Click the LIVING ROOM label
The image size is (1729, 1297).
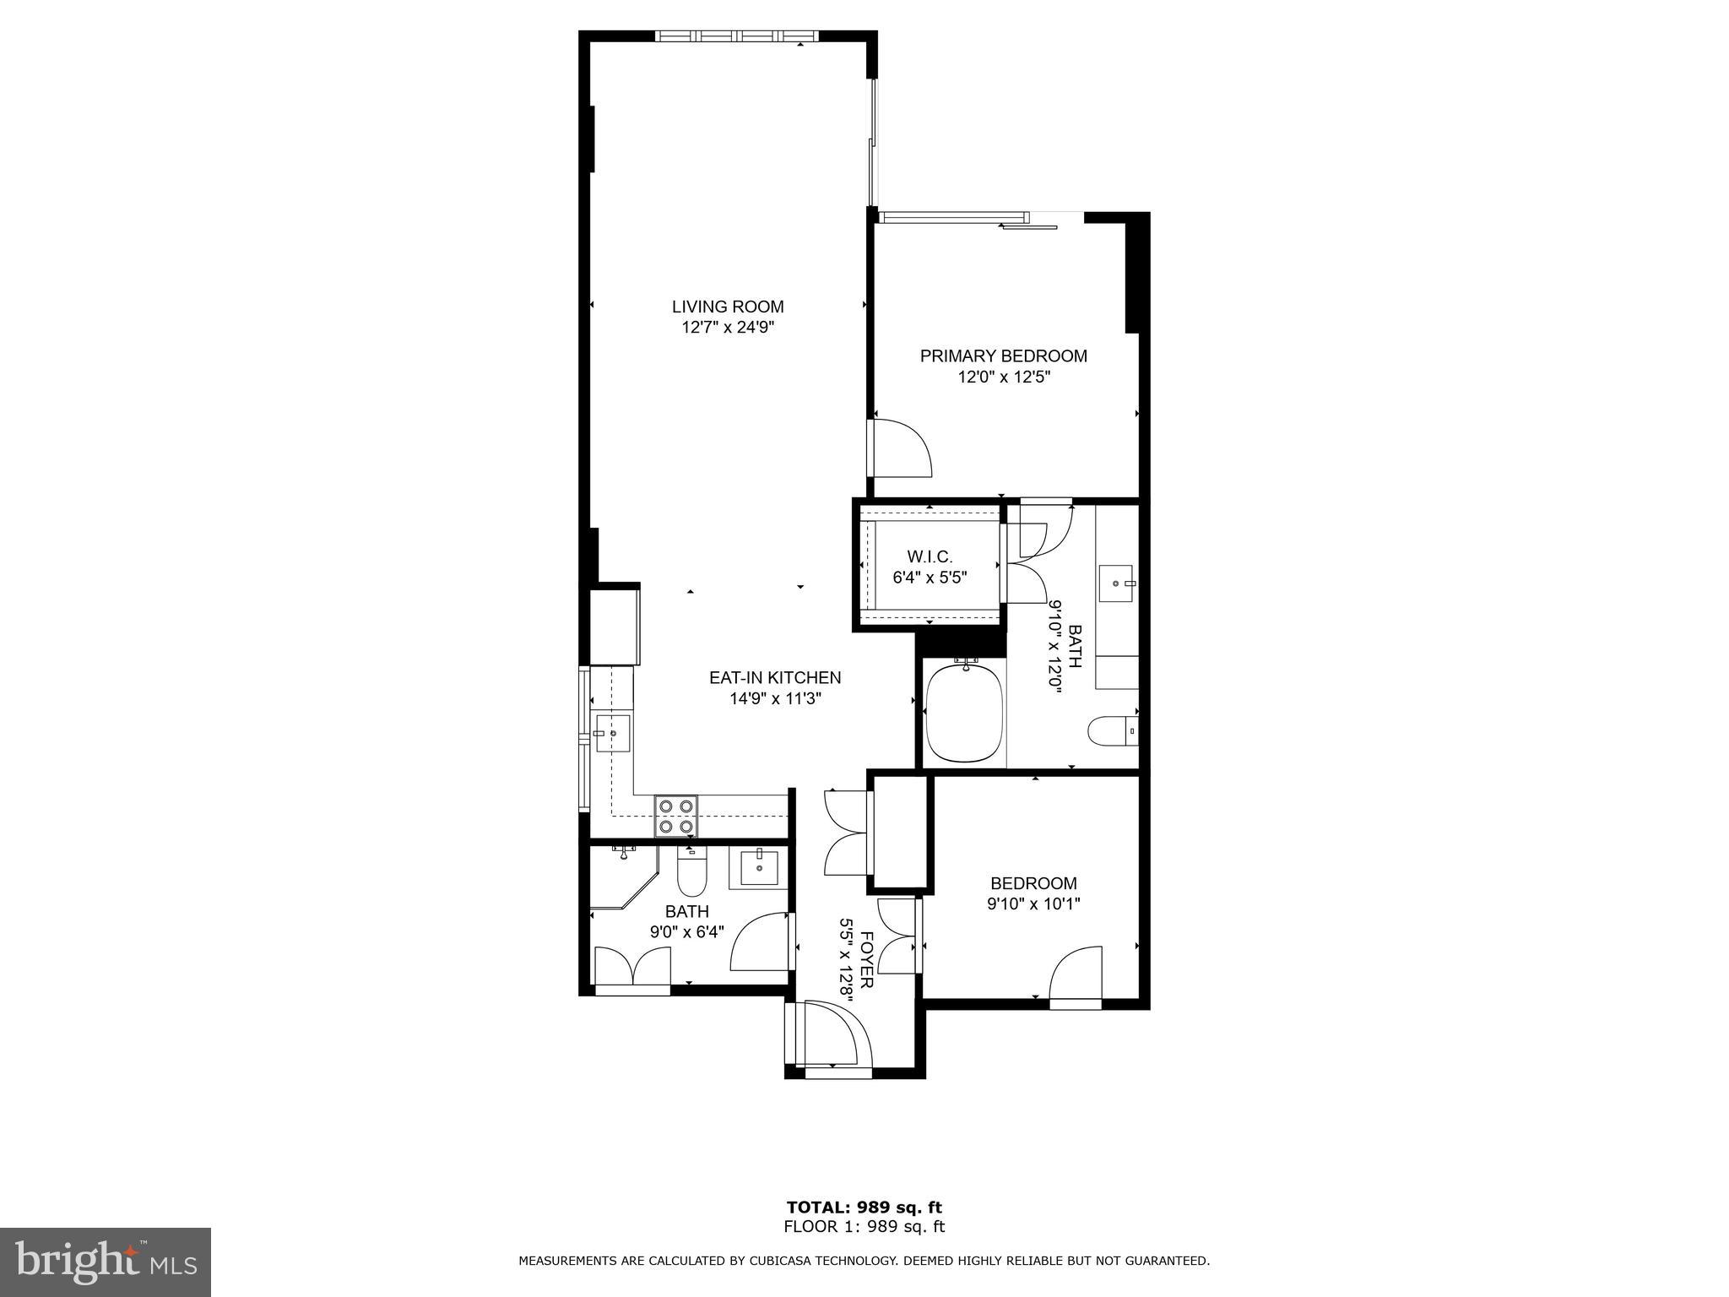pyautogui.click(x=728, y=307)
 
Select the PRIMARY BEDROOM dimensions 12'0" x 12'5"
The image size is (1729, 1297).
pyautogui.click(x=1003, y=377)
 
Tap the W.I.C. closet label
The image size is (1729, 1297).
pyautogui.click(x=930, y=557)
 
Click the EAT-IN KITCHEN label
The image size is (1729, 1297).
pyautogui.click(x=774, y=677)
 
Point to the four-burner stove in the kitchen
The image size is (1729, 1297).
pyautogui.click(x=676, y=816)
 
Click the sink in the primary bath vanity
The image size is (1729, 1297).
pyautogui.click(x=1119, y=583)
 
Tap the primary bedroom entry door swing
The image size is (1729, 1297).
pyautogui.click(x=902, y=448)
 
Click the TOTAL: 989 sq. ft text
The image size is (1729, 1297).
pyautogui.click(x=864, y=1207)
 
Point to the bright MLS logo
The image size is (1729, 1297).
pyautogui.click(x=106, y=1262)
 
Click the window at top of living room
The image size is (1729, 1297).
pyautogui.click(x=737, y=36)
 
